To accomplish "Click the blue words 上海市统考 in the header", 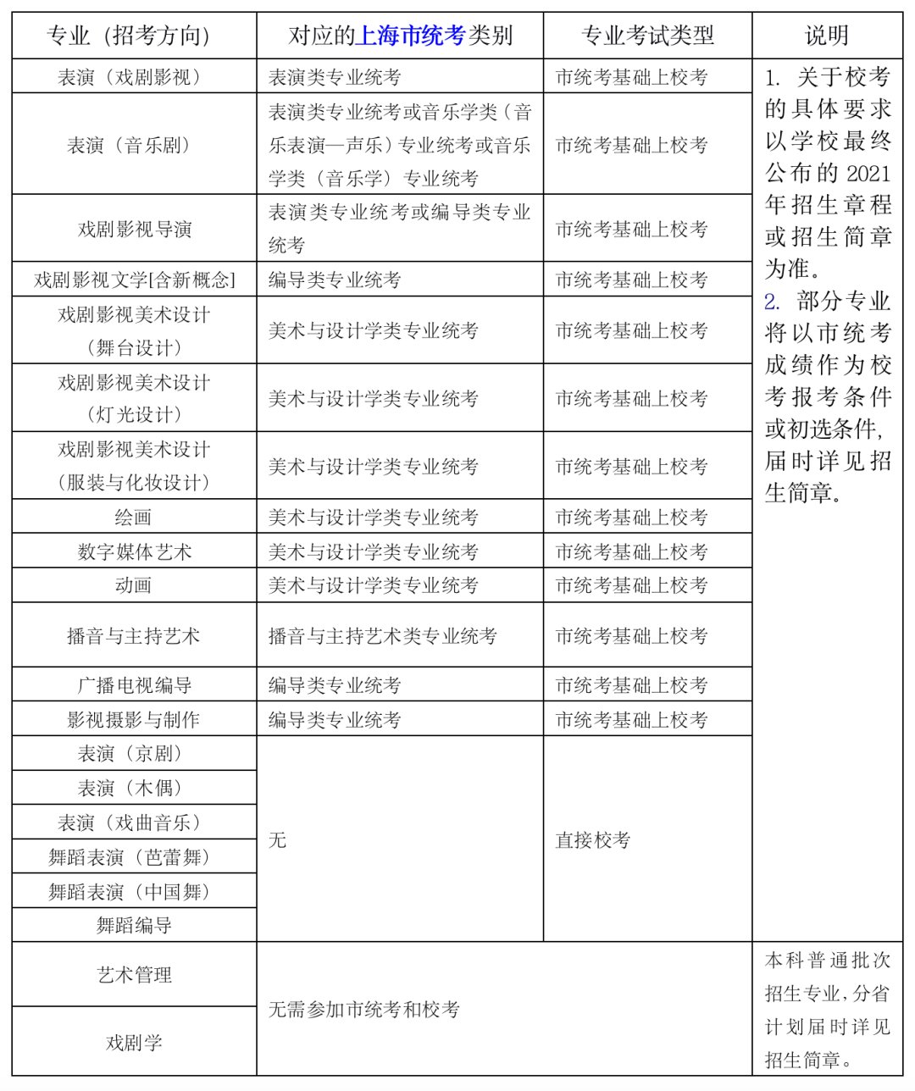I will [412, 36].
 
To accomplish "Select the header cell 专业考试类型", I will [647, 36].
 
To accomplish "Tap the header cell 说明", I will [826, 36].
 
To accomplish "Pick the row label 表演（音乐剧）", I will [134, 145].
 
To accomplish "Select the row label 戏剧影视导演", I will [134, 230].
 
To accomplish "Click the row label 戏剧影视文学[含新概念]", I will [134, 280].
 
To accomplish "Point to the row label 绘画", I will [134, 518].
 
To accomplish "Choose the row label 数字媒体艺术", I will [134, 552].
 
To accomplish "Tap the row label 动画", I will [134, 585].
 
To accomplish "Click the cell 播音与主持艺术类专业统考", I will [382, 636].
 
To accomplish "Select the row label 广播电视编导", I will [134, 685].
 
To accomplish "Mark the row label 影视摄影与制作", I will [134, 720].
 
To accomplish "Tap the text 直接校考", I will [593, 840].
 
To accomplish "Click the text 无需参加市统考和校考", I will [364, 1010].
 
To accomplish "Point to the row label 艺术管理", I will [134, 975].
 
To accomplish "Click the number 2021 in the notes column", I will [868, 174].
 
